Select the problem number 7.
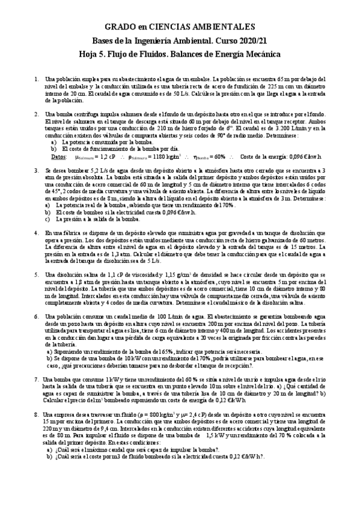pyautogui.click(x=37, y=379)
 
